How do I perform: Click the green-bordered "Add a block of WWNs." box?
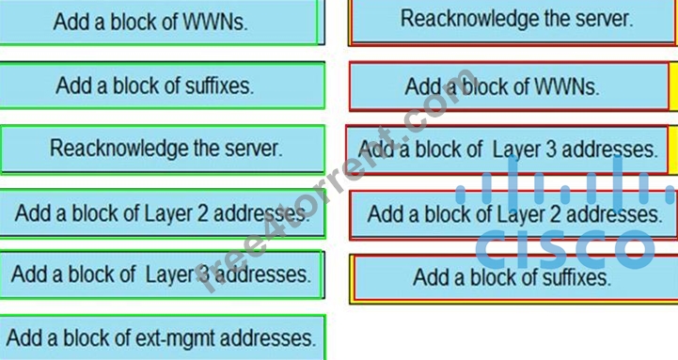tap(160, 22)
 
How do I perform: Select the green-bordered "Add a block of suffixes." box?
tap(162, 86)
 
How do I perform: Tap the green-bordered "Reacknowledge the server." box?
tap(163, 149)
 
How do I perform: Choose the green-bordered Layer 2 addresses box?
tap(162, 213)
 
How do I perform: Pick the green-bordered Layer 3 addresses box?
tap(162, 274)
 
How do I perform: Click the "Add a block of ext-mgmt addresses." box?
tap(163, 337)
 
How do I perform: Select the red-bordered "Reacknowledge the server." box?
tap(513, 22)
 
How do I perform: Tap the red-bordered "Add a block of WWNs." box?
tap(510, 86)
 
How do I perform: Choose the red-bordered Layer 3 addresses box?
tap(508, 149)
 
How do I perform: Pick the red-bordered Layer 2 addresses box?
tap(513, 215)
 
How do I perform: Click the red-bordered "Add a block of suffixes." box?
tap(513, 278)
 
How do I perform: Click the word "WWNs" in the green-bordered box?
tap(215, 22)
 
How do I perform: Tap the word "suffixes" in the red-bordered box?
tap(576, 277)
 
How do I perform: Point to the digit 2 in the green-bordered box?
tap(202, 213)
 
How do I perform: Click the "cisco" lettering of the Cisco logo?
tap(565, 249)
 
